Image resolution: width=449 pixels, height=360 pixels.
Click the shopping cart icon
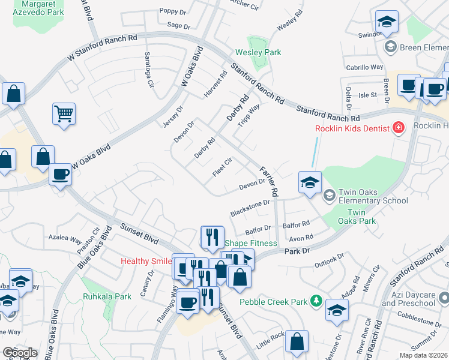(x=64, y=113)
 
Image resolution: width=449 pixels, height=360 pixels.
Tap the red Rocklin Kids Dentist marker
(x=397, y=127)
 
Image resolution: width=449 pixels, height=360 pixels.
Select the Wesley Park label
(x=258, y=53)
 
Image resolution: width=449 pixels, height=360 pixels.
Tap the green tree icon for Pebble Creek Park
(x=316, y=301)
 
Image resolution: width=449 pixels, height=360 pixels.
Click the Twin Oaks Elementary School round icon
(x=329, y=196)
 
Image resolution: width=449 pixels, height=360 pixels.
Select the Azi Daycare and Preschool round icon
(x=444, y=297)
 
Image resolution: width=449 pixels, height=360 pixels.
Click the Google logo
(x=20, y=352)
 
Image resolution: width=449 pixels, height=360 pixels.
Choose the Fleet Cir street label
(x=222, y=167)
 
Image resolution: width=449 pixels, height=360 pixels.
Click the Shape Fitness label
(x=251, y=243)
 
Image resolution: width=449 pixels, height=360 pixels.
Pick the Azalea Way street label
(x=65, y=238)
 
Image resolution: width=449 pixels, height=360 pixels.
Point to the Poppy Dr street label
(x=173, y=11)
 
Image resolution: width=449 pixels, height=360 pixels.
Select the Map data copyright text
(x=423, y=354)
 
